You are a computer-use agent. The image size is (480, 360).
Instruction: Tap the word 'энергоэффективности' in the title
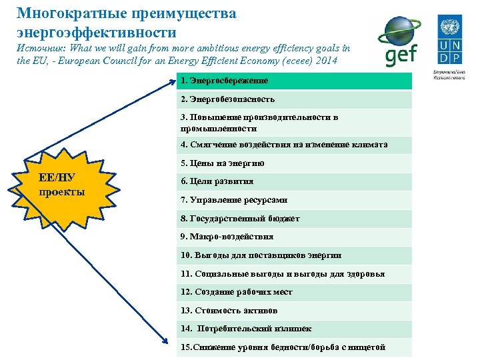point(97,31)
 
